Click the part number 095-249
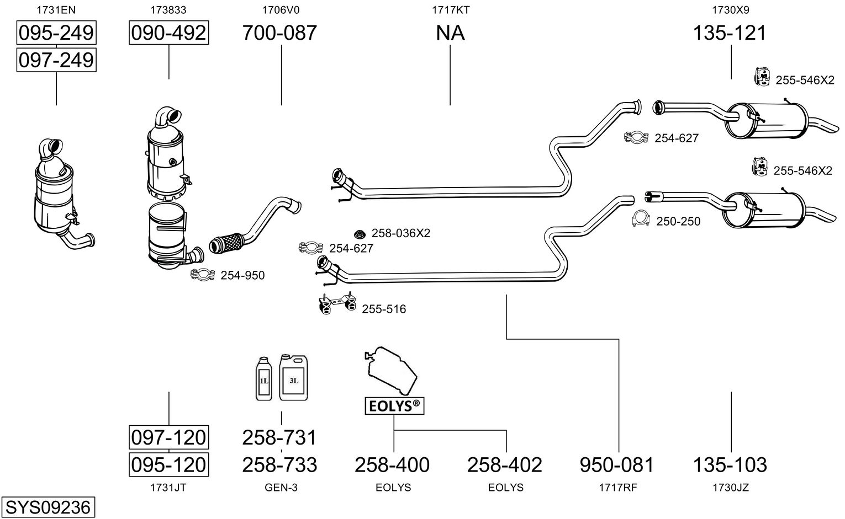(56, 33)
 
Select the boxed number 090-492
(168, 33)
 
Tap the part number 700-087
(280, 33)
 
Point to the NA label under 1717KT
(450, 33)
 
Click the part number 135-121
(730, 33)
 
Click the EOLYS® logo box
(394, 406)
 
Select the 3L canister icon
(293, 378)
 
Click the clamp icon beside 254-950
(203, 275)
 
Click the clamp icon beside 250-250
(641, 220)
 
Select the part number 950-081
(617, 465)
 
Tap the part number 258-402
(505, 465)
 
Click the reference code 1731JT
(168, 488)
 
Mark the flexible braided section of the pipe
(226, 243)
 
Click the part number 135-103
(730, 465)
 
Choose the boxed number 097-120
(168, 437)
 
